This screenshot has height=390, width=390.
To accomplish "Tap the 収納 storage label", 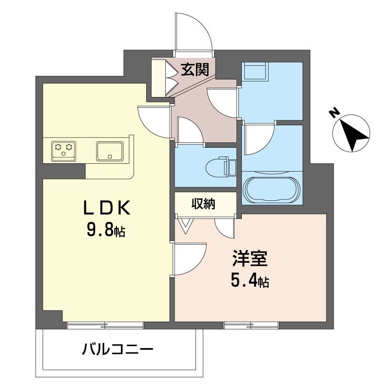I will click(203, 204).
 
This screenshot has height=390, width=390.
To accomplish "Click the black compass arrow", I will click(353, 133).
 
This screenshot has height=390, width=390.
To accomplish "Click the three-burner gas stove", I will click(64, 149).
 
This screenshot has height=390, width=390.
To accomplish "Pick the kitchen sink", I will click(110, 151).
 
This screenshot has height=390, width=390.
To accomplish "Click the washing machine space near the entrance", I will click(255, 72).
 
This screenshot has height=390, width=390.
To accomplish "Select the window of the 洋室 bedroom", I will click(251, 325).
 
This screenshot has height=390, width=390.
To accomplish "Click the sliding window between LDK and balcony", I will click(105, 325).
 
